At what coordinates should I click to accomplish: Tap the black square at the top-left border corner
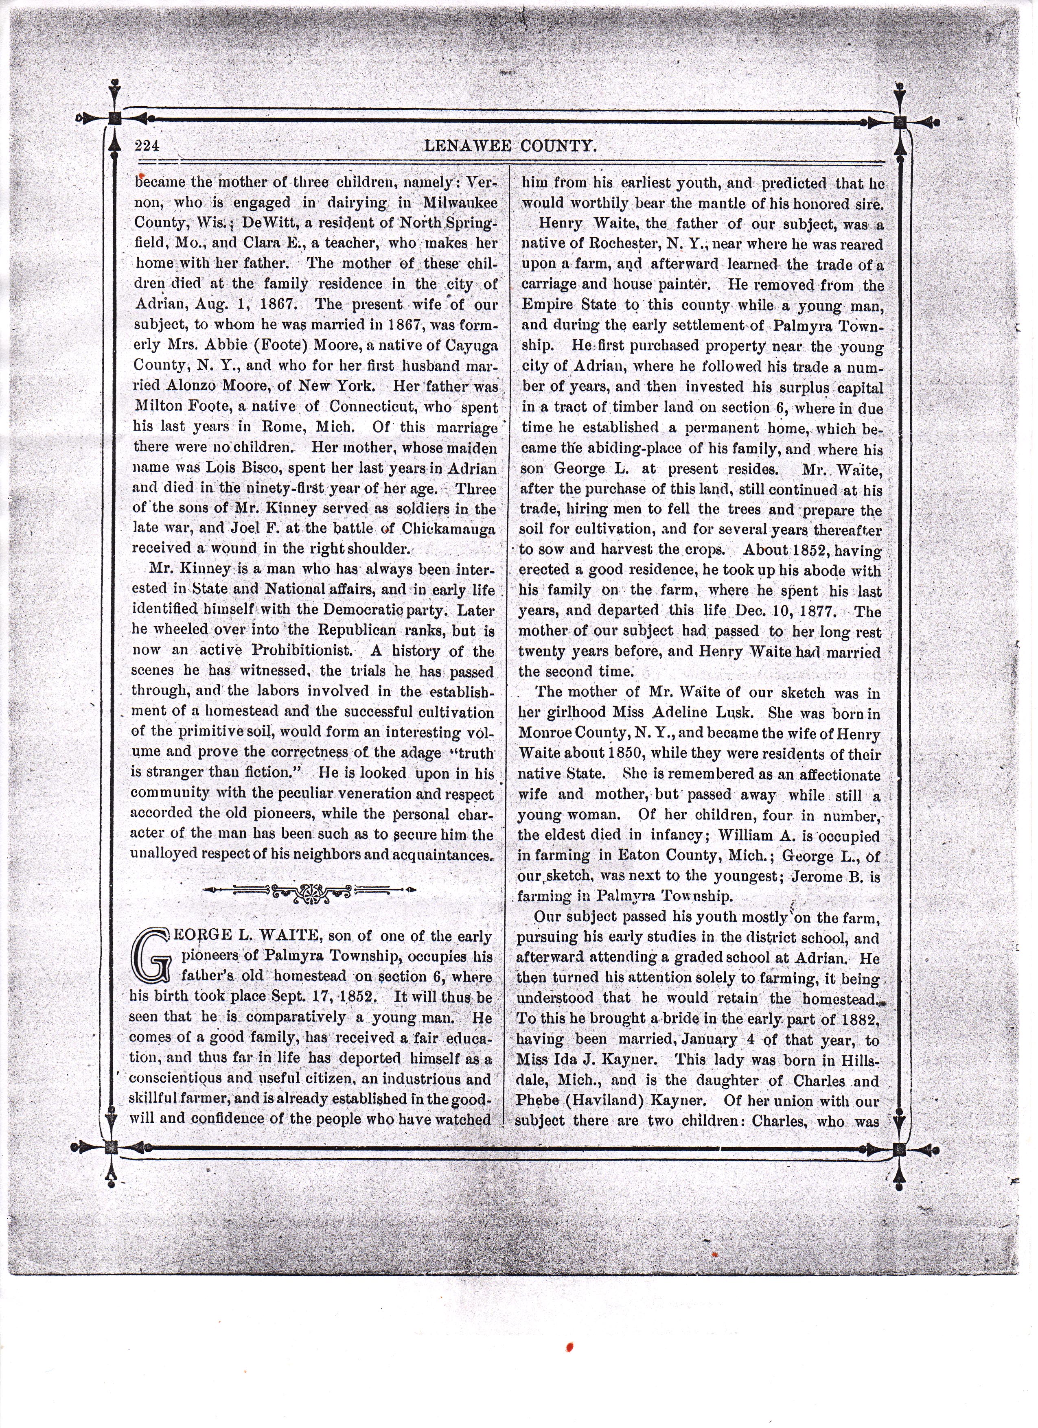114,118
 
